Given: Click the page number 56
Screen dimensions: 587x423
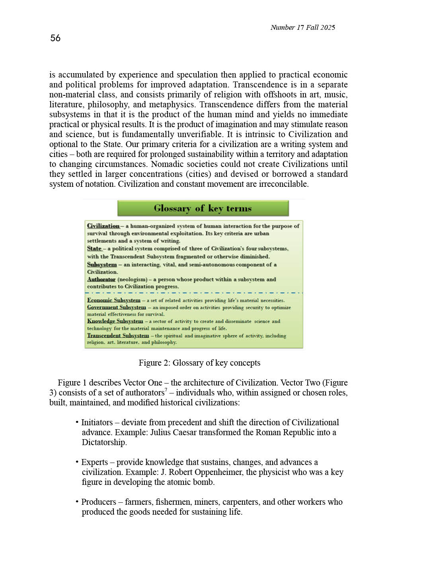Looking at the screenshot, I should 55,38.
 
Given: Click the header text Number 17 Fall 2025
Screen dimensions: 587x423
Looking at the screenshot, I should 302,27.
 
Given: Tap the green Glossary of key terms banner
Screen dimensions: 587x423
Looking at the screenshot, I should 203,208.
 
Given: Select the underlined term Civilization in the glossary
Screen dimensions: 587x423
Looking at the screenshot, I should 103,226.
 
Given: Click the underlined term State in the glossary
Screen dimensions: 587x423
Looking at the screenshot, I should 94,248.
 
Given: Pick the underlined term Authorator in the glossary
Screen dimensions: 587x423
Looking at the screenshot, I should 101,279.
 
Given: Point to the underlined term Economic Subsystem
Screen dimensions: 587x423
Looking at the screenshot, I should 114,300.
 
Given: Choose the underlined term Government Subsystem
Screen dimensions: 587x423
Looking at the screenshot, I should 117,307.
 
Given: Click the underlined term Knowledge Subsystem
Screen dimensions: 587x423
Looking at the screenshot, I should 115,321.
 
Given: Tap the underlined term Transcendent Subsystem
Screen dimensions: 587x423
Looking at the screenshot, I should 118,335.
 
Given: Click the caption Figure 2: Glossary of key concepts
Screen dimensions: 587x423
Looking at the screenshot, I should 199,363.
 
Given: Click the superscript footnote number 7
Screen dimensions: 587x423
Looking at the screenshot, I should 166,390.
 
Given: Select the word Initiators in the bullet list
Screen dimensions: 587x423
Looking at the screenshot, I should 97,422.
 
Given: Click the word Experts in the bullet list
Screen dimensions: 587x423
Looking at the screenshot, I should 94,462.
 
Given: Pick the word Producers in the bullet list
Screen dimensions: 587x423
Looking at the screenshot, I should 99,502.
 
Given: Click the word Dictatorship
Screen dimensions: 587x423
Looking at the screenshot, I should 104,442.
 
